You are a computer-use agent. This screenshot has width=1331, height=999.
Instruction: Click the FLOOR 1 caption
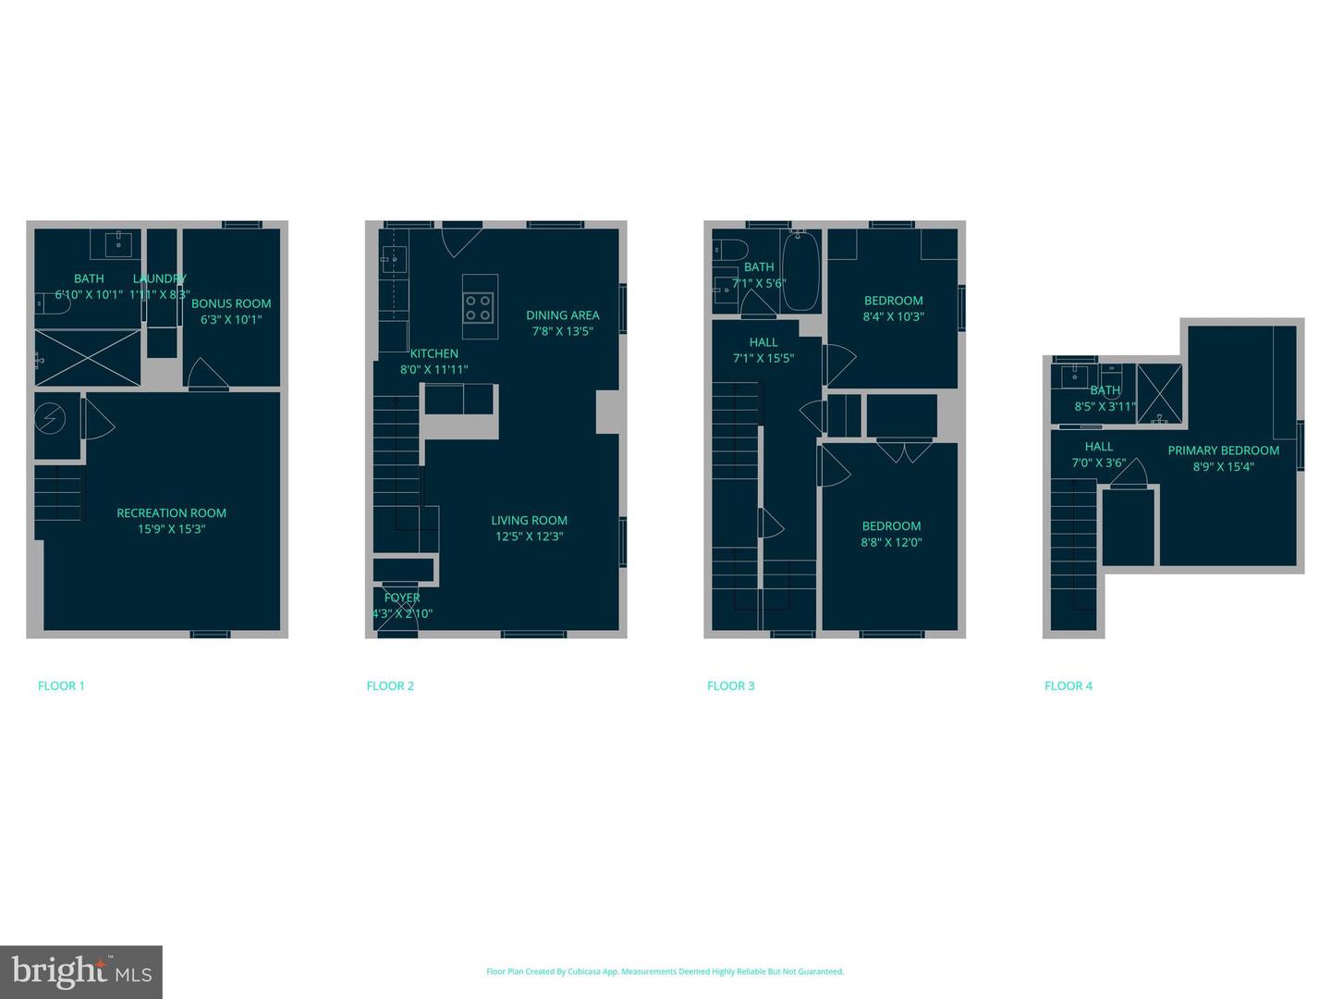coord(61,685)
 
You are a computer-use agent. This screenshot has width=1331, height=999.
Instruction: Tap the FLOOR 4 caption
coord(1068,685)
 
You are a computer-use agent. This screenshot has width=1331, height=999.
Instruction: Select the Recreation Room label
coord(171,512)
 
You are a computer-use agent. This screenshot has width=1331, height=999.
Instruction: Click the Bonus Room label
coord(231,303)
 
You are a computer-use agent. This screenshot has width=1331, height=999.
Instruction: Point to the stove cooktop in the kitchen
coord(478,307)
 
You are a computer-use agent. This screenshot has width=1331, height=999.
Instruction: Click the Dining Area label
coord(562,315)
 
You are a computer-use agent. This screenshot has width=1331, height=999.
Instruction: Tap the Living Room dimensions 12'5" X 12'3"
coord(529,536)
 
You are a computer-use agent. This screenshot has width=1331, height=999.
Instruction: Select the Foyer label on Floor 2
coord(402,598)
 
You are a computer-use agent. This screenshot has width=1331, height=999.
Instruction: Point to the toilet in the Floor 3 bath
coord(729,250)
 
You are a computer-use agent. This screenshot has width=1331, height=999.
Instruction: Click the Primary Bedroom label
coord(1223,450)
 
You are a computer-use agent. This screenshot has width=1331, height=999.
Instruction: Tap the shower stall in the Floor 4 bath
coord(1159,393)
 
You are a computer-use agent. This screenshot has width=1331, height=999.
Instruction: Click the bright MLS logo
coord(81,971)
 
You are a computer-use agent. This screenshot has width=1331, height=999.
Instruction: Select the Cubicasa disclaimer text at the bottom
coord(665,971)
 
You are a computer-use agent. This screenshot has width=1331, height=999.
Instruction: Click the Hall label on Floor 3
coord(763,342)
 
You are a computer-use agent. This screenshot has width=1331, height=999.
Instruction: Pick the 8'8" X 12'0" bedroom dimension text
coord(891,543)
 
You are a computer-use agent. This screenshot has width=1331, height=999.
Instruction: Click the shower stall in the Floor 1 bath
coord(88,357)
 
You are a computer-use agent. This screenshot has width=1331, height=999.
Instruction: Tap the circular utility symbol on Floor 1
coord(50,420)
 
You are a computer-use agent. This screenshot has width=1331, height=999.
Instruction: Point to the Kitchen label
coord(433,353)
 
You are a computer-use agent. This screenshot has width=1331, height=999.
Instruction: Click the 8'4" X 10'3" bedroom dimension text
coord(893,316)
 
